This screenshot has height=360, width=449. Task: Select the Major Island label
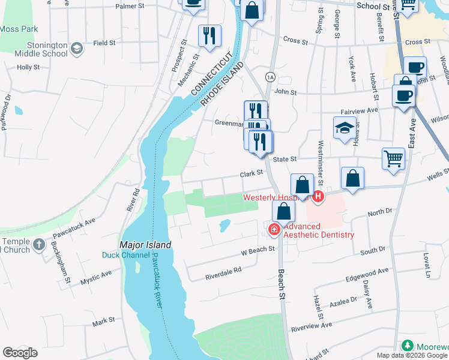click(145, 245)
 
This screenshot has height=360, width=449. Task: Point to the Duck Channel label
click(125, 255)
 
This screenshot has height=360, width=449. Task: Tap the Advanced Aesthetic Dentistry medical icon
click(274, 229)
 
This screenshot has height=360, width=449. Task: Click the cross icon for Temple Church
click(39, 244)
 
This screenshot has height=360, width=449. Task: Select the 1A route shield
click(270, 77)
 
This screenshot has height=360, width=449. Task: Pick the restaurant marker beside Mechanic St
click(209, 35)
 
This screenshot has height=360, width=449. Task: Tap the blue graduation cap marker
click(345, 128)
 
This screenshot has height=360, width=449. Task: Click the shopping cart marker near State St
click(393, 159)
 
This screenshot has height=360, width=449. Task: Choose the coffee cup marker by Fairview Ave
click(403, 95)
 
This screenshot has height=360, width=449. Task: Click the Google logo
click(20, 353)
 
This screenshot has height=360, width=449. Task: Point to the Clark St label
click(252, 172)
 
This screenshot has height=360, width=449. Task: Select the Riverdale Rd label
click(223, 270)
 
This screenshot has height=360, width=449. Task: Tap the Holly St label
click(28, 68)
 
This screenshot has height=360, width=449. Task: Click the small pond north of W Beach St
click(224, 226)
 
